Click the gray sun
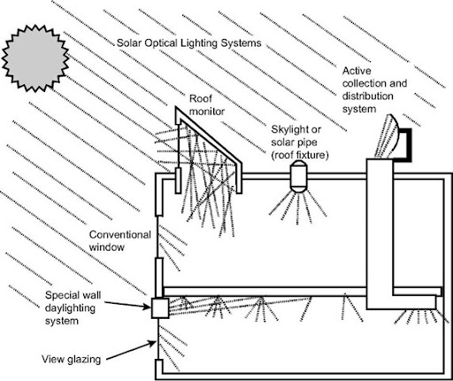tap(35, 58)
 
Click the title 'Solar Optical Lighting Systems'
tap(189, 43)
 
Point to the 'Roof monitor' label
tap(206, 105)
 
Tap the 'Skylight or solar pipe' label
tap(300, 142)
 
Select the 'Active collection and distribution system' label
tap(374, 89)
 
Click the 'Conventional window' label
tap(119, 241)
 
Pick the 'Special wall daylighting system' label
tap(73, 307)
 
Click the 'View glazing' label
tap(72, 359)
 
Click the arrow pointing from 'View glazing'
tap(131, 351)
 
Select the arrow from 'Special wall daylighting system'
tap(127, 305)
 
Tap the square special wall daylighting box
tap(160, 307)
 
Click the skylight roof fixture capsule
tap(298, 176)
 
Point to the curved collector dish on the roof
tap(389, 136)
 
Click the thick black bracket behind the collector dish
tap(409, 144)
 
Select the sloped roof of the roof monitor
tap(209, 135)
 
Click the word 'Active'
tap(357, 71)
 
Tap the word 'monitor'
tap(207, 112)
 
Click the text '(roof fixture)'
tap(300, 155)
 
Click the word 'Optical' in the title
tap(161, 43)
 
